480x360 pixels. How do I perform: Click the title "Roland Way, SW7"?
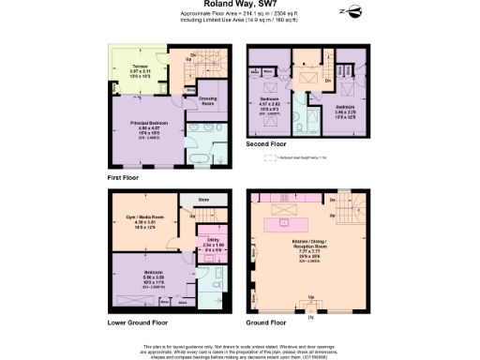point(239,5)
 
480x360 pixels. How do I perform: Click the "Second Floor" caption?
point(266,145)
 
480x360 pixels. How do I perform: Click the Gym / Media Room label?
point(138,222)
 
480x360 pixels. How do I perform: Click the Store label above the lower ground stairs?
point(202,200)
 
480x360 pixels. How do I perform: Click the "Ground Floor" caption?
point(269,322)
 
